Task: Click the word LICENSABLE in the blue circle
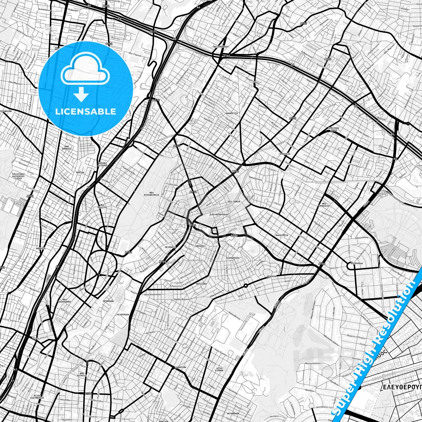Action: [x=86, y=112]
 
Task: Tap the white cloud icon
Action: [x=85, y=71]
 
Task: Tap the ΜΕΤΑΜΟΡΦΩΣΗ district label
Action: [x=221, y=46]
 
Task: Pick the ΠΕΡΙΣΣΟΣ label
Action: [x=202, y=284]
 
